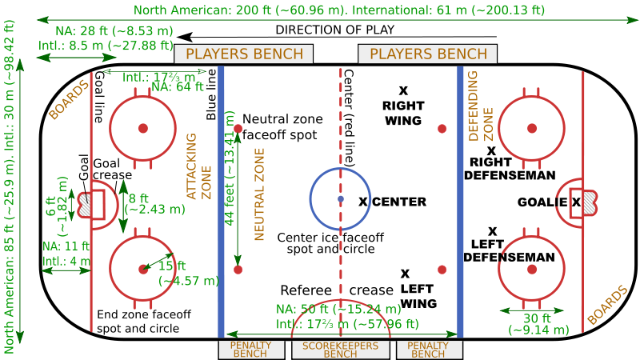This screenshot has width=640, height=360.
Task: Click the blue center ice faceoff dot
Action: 341,198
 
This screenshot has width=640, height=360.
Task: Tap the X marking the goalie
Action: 576,202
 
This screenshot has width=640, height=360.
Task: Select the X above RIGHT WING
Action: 403,90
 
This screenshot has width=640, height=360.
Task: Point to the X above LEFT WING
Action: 405,274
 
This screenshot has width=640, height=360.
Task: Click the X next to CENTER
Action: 363,202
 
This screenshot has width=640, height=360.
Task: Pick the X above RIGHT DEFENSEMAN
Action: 492,150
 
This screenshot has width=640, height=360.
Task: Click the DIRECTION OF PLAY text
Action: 335,30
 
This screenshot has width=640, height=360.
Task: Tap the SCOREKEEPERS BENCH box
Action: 340,350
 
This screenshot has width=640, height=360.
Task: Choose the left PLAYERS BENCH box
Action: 244,54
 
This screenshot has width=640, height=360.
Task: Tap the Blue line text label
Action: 211,94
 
